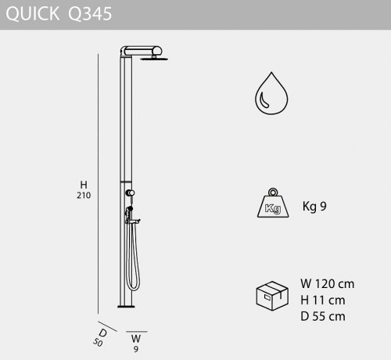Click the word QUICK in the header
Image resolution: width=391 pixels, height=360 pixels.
pyautogui.click(x=33, y=14)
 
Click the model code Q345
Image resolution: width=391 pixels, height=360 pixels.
pyautogui.click(x=90, y=14)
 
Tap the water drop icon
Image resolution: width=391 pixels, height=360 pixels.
pyautogui.click(x=271, y=93)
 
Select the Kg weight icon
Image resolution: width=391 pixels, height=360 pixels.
pyautogui.click(x=273, y=203)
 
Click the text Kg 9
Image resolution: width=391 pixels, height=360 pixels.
pyautogui.click(x=314, y=206)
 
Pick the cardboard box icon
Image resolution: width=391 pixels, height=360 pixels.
pyautogui.click(x=272, y=296)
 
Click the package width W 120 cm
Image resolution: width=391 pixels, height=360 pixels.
pyautogui.click(x=328, y=284)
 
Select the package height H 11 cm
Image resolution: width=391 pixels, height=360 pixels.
pyautogui.click(x=323, y=301)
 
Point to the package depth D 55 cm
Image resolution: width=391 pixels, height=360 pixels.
pyautogui.click(x=323, y=316)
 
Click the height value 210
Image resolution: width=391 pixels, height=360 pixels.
pyautogui.click(x=84, y=196)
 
